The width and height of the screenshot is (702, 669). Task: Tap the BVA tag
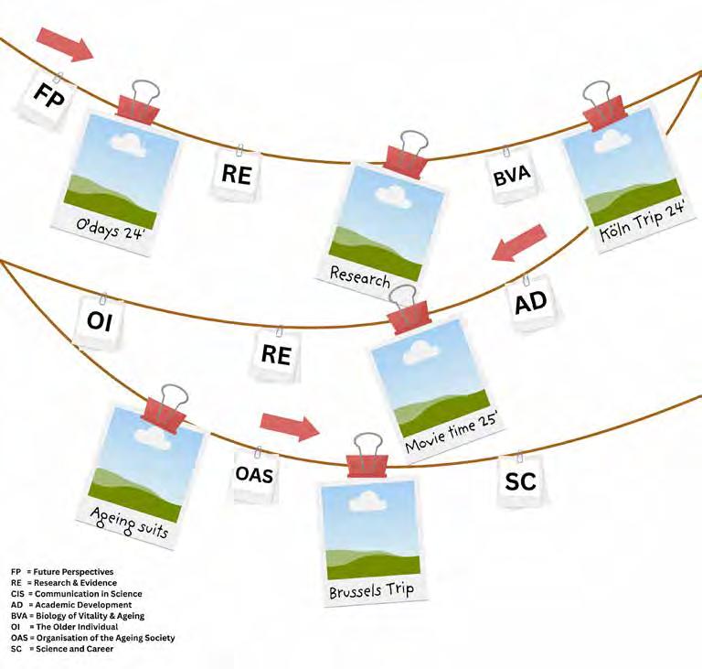512,178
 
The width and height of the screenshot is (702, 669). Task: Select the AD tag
530,303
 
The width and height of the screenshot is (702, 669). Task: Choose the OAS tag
254,475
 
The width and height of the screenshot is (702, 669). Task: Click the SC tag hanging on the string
520,481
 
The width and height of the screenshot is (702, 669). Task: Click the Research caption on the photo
359,277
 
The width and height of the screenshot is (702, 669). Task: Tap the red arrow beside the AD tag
518,243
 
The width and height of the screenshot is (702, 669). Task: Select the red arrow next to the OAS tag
290,425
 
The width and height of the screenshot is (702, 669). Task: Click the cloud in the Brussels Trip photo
367,500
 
